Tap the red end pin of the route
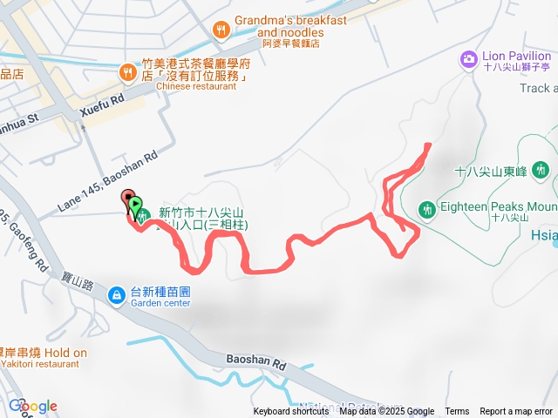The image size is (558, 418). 127,198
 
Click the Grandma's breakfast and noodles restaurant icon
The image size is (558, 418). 222,29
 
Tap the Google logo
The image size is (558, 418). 33,406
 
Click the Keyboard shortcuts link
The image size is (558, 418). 291,412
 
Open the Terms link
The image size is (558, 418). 457,412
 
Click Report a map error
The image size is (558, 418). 517,412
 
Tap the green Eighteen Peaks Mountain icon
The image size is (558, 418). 427,208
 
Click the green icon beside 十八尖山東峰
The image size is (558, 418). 541,168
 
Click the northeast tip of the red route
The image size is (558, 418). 427,145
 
